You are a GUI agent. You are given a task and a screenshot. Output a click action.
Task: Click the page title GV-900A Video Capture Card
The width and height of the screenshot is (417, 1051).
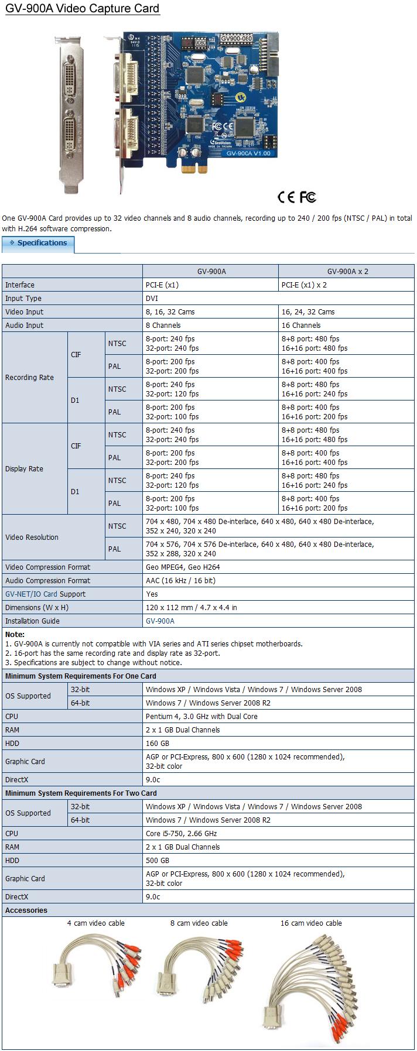[x=82, y=9]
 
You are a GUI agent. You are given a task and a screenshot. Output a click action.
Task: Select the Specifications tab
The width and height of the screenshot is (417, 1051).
[x=39, y=243]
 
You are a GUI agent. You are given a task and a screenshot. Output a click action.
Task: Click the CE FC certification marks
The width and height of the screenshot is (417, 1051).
[x=297, y=197]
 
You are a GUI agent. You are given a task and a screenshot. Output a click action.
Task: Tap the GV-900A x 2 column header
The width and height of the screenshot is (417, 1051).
[x=347, y=271]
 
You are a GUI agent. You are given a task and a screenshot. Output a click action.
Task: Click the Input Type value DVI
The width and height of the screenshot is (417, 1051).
[x=151, y=299]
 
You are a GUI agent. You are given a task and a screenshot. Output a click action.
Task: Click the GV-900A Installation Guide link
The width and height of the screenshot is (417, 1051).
[x=160, y=621]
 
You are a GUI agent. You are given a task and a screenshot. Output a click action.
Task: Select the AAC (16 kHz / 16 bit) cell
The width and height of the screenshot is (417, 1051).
[x=180, y=581]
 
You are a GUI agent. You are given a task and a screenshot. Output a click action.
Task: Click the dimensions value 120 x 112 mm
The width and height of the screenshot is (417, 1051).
[x=191, y=608]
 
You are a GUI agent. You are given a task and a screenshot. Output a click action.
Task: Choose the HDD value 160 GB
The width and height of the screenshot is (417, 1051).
[x=157, y=744]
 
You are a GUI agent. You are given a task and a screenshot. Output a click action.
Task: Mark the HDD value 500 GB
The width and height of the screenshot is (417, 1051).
[x=157, y=861]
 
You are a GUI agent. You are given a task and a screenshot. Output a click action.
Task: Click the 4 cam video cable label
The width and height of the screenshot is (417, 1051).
[x=95, y=923]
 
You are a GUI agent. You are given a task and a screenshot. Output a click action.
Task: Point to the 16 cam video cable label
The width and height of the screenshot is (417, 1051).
[x=311, y=923]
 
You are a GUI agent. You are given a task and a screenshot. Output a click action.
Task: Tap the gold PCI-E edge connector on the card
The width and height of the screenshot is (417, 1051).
[x=194, y=169]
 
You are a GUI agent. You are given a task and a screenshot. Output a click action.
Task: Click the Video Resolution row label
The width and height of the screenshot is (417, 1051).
[x=32, y=538]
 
